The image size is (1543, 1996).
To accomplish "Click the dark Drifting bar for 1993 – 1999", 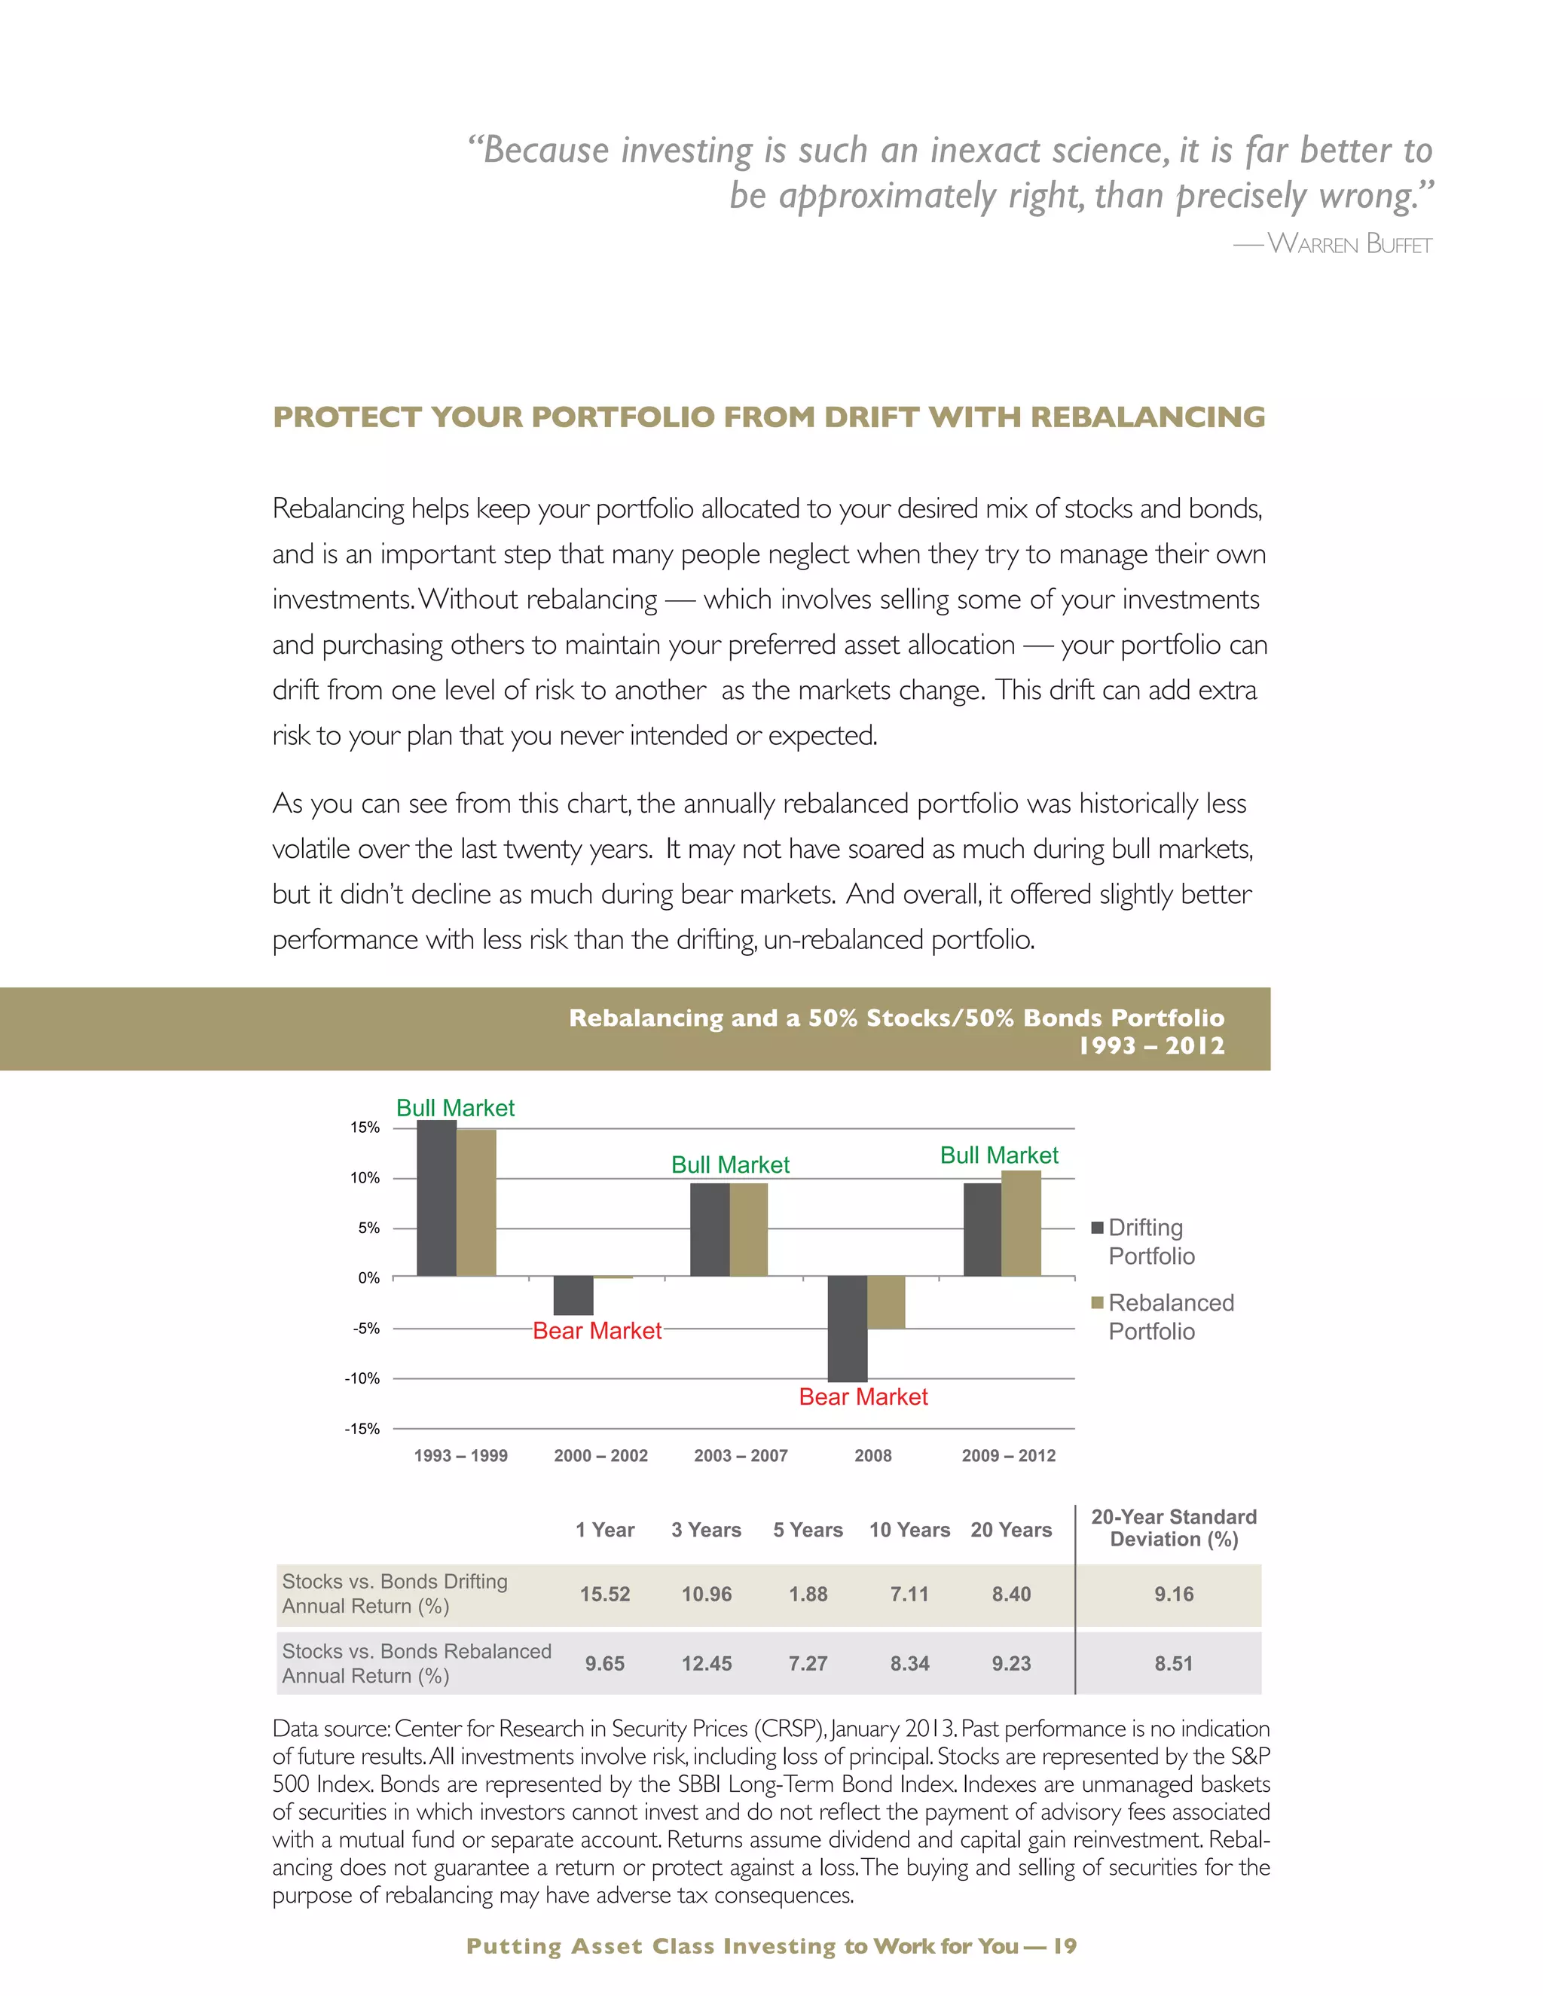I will point(436,1198).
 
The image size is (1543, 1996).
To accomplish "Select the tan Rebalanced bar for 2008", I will point(886,1302).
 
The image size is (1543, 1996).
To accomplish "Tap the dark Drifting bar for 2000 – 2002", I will point(573,1295).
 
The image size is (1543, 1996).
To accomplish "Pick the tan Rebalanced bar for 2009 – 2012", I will point(1021,1222).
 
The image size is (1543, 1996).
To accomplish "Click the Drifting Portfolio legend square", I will point(1097,1228).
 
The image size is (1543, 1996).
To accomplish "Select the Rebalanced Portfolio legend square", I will point(1097,1303).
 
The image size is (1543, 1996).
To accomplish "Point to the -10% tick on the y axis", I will point(362,1378).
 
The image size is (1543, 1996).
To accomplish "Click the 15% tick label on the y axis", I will point(365,1128).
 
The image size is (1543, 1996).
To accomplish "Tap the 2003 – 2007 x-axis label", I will point(741,1456).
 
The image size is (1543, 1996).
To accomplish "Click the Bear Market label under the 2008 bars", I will point(863,1396).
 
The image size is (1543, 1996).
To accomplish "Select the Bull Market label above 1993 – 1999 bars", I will point(455,1108).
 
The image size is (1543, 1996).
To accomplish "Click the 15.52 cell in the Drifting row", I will point(604,1594).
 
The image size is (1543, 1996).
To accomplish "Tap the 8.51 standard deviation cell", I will point(1174,1663).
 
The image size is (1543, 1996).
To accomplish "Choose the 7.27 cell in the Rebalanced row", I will point(808,1663).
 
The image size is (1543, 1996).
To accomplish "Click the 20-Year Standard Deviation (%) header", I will point(1174,1528).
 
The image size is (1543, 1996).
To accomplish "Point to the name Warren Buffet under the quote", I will point(1349,244).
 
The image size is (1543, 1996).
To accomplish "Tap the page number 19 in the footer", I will point(1065,1946).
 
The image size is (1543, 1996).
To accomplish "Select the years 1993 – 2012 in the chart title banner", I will point(1151,1045).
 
